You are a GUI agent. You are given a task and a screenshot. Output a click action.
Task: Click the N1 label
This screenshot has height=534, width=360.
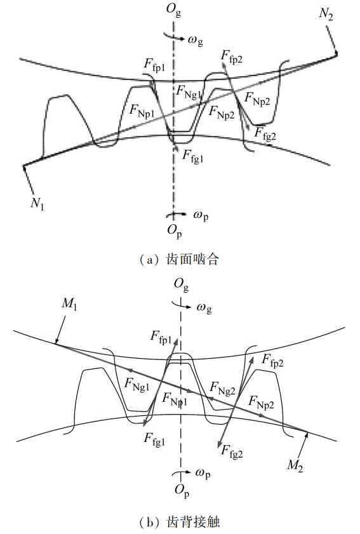pyautogui.click(x=37, y=203)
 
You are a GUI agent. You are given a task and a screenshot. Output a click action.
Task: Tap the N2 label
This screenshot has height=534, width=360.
pyautogui.click(x=326, y=14)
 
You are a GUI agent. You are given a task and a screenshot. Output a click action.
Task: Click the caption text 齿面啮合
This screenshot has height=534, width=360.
pyautogui.click(x=192, y=260)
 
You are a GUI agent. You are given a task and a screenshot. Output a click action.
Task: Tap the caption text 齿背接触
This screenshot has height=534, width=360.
pyautogui.click(x=193, y=522)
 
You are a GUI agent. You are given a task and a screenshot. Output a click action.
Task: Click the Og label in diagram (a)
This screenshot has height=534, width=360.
pyautogui.click(x=174, y=10)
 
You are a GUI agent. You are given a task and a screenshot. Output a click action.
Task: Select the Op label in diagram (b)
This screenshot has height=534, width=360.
pyautogui.click(x=182, y=490)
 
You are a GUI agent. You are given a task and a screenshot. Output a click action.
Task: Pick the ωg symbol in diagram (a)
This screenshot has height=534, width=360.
pyautogui.click(x=195, y=41)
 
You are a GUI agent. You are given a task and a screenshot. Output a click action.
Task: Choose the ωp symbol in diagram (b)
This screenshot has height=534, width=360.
pyautogui.click(x=203, y=474)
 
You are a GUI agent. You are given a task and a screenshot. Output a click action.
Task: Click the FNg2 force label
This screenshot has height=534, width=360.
pyautogui.click(x=222, y=388)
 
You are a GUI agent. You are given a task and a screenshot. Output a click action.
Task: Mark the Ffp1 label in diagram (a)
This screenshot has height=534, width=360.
pyautogui.click(x=154, y=65)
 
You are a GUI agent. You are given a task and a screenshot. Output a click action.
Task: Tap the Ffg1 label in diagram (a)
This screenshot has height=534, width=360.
pyautogui.click(x=193, y=156)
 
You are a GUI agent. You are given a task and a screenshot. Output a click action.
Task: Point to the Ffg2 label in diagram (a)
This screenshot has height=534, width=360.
pyautogui.click(x=265, y=133)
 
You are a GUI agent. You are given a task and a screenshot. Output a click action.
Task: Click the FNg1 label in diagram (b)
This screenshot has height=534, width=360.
pyautogui.click(x=137, y=385)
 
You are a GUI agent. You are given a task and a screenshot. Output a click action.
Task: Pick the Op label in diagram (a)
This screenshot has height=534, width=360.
pyautogui.click(x=175, y=231)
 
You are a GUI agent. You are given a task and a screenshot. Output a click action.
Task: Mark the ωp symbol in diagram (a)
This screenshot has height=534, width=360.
pyautogui.click(x=201, y=216)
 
